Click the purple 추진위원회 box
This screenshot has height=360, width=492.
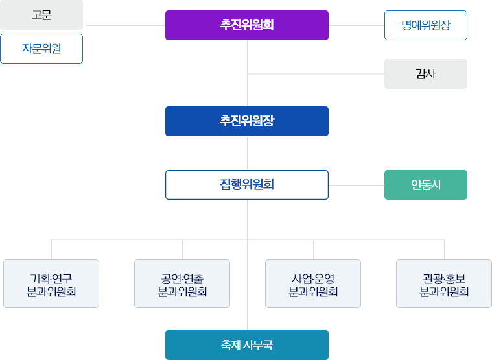(x=246, y=25)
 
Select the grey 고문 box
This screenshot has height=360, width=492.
(x=41, y=15)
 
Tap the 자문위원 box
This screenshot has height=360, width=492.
(x=41, y=49)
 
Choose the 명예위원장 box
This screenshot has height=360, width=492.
(x=425, y=25)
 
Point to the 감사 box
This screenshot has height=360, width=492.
(x=425, y=74)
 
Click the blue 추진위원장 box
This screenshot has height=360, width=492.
(x=246, y=121)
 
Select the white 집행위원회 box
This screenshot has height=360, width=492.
(x=246, y=184)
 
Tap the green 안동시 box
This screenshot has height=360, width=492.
(x=425, y=184)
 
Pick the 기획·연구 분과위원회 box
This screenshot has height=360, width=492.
(x=51, y=283)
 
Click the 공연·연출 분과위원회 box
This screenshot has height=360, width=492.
(x=182, y=283)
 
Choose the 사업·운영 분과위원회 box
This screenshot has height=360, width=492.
(x=313, y=283)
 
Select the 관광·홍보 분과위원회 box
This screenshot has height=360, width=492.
(x=444, y=283)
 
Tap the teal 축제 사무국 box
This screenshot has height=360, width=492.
(x=246, y=344)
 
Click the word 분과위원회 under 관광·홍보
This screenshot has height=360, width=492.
(x=444, y=291)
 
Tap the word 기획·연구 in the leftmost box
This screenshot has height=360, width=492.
(x=51, y=278)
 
